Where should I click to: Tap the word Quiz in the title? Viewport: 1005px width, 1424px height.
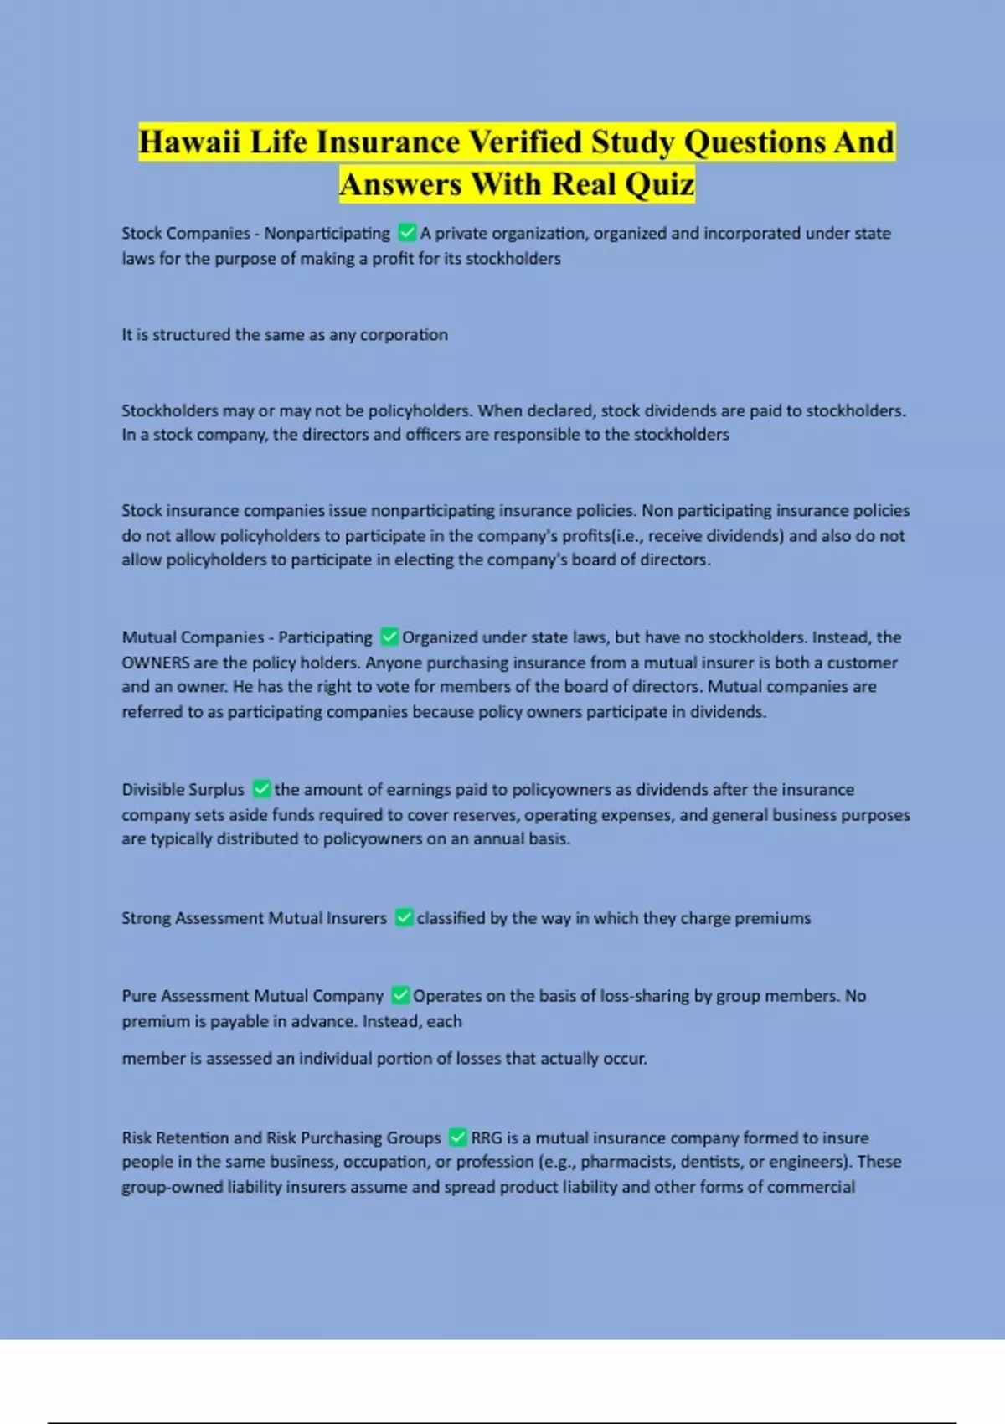[x=658, y=184]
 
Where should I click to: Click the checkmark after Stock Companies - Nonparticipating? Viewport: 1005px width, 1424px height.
[x=407, y=232]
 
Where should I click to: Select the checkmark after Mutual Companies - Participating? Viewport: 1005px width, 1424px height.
[x=389, y=637]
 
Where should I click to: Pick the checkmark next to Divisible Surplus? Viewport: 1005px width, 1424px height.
[x=261, y=789]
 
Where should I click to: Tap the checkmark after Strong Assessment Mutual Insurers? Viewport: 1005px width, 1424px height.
[x=404, y=917]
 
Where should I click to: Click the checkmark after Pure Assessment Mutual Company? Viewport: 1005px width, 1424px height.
[x=400, y=995]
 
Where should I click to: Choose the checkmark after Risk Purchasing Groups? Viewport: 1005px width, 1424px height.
[x=457, y=1137]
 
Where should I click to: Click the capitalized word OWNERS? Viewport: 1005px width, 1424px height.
[x=156, y=663]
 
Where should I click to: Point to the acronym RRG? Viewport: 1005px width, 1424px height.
[x=487, y=1138]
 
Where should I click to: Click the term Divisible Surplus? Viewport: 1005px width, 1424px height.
[x=183, y=790]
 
